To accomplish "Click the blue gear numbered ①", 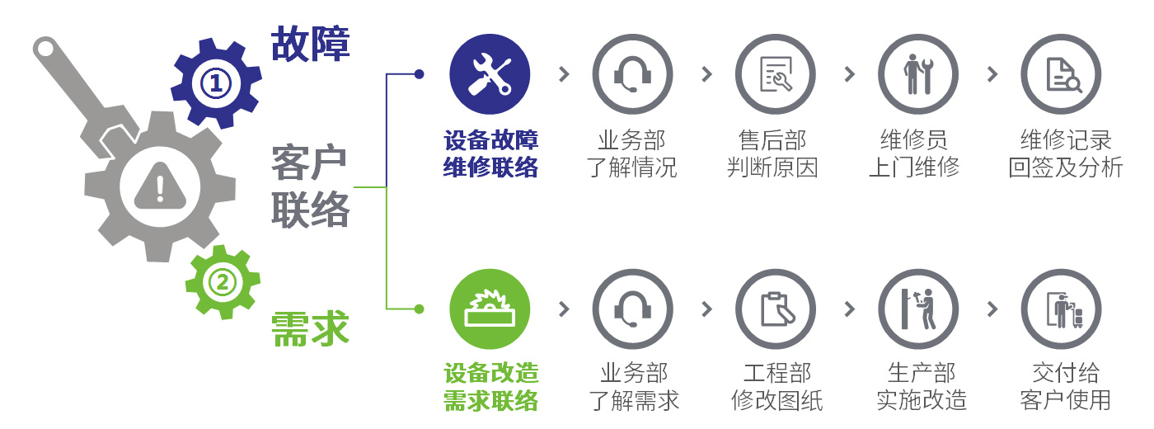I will (215, 82).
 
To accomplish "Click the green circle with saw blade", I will (490, 309).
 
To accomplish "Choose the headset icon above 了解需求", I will (632, 309).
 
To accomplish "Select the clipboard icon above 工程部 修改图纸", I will (776, 309).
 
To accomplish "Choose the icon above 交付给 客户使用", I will (1062, 309).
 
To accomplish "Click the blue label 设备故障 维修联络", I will (490, 153).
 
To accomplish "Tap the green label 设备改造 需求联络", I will (490, 387).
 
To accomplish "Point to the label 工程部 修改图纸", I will (776, 387).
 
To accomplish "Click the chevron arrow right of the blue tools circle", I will (564, 74).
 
